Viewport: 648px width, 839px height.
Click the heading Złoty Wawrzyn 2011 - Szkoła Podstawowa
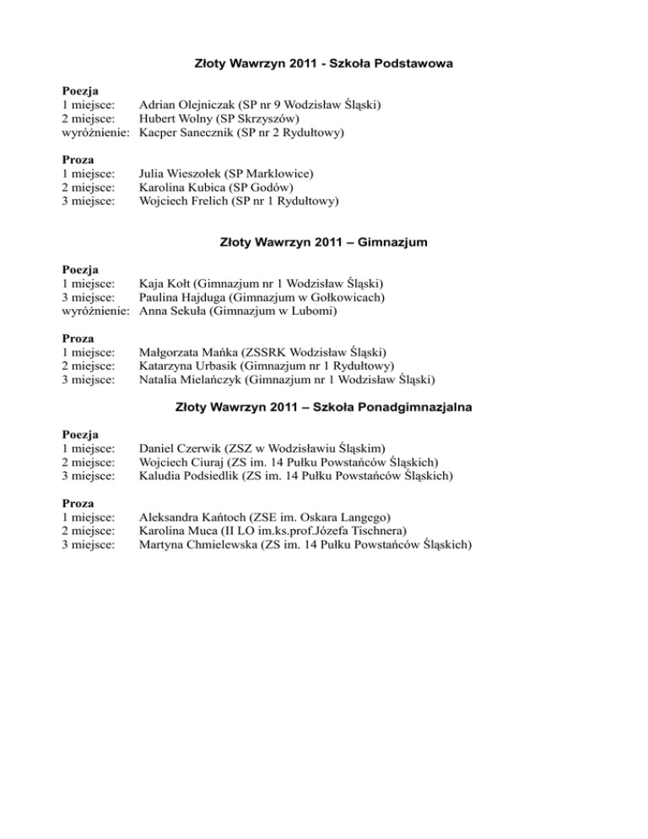click(x=324, y=63)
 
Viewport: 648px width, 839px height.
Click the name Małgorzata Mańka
click(x=184, y=352)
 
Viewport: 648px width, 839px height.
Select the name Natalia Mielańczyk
click(x=186, y=380)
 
